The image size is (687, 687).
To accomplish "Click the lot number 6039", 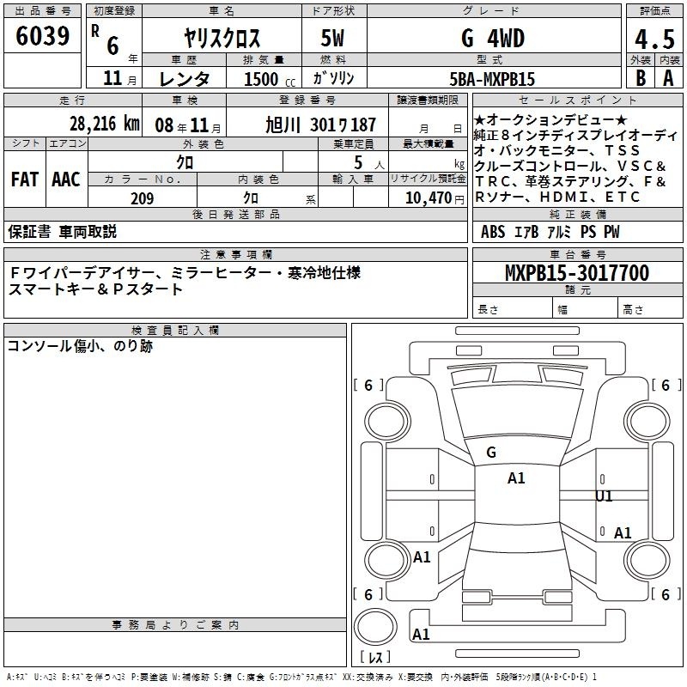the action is click(42, 36).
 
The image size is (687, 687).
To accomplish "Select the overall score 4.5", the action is click(654, 39).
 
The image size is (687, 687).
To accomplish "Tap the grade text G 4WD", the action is click(493, 38).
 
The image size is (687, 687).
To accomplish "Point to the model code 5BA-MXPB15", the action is click(492, 79).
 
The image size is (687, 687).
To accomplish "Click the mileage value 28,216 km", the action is click(104, 124).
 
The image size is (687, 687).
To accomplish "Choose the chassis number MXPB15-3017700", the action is click(577, 272).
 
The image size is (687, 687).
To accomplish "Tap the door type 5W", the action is click(332, 38).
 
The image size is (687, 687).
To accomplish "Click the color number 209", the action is click(143, 198).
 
